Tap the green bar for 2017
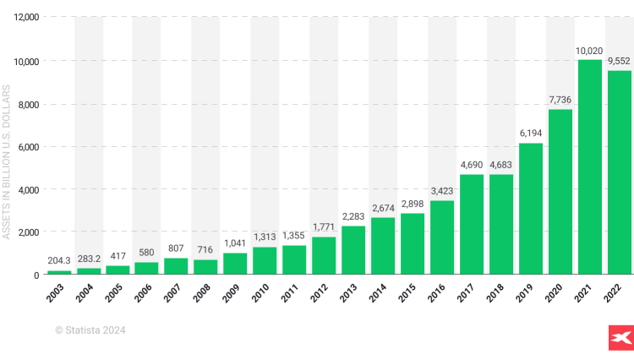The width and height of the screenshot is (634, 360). click(x=472, y=225)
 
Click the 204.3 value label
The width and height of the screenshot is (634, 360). click(x=59, y=261)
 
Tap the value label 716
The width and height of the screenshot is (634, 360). click(x=205, y=250)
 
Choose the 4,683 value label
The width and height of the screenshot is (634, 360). click(x=501, y=165)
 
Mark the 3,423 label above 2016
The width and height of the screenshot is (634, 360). click(x=442, y=192)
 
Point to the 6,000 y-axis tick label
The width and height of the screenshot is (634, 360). click(x=27, y=147)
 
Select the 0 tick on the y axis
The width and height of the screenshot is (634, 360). click(x=36, y=275)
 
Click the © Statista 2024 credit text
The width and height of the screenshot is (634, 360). click(x=90, y=330)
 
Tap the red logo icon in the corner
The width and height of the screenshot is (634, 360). click(x=620, y=336)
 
